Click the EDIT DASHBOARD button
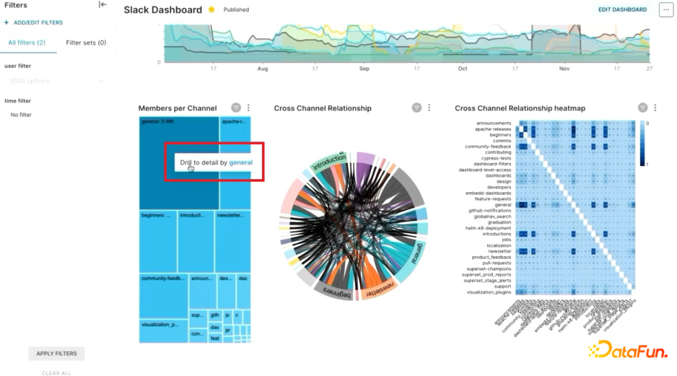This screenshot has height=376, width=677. [622, 9]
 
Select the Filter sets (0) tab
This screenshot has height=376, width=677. [86, 43]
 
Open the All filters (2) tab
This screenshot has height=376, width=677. [26, 43]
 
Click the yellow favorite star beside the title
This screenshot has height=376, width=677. [211, 9]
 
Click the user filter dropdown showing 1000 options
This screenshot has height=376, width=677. [56, 81]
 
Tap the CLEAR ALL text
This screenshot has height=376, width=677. [56, 373]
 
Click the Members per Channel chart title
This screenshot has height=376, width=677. [177, 108]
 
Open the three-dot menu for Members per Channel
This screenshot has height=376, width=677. [248, 108]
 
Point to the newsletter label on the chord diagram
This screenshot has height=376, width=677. [380, 290]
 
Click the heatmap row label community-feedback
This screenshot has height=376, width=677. [488, 147]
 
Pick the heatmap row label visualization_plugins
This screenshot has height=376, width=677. [488, 292]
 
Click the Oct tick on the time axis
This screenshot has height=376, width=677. [463, 68]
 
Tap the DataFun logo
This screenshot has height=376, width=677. [628, 350]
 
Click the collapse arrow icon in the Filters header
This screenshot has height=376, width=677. [103, 5]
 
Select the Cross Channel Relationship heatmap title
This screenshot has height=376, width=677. [520, 108]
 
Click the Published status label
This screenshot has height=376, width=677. [236, 10]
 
